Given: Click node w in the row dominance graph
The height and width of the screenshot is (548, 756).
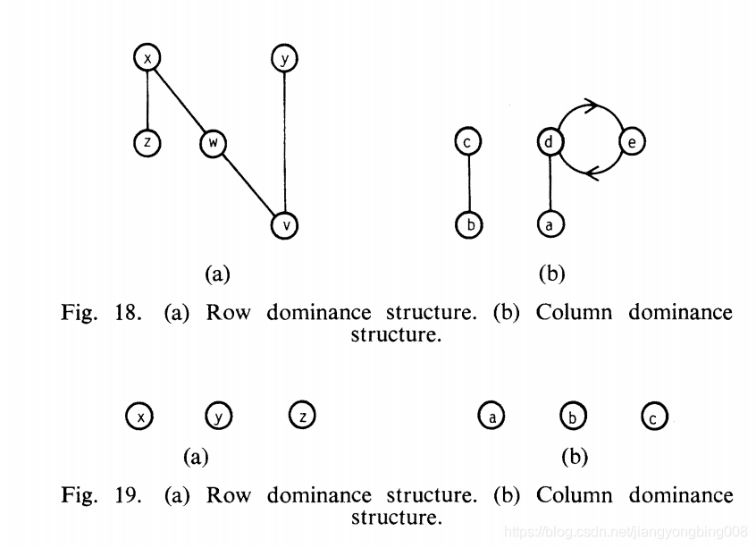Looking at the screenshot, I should [213, 143].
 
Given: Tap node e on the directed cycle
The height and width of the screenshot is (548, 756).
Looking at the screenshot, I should [632, 142].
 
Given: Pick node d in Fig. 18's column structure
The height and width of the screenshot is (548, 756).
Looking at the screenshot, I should [550, 142].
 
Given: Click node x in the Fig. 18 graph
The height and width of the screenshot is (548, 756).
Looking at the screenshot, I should [147, 59].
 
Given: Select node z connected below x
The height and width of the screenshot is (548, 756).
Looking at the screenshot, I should [147, 143].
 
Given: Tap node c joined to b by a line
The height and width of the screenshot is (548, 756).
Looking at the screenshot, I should [467, 142].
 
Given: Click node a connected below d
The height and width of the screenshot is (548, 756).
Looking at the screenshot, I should [550, 225].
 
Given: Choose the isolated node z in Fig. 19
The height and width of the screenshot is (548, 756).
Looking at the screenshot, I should [302, 415].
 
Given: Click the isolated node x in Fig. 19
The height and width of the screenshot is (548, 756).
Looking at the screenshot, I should [139, 416].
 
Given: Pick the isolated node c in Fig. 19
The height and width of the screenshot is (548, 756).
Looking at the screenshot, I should [655, 416].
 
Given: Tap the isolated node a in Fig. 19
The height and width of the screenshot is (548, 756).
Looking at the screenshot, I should [491, 416].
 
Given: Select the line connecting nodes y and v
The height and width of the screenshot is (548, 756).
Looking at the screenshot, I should [284, 143].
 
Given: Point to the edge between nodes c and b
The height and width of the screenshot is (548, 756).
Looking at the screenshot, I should [467, 183].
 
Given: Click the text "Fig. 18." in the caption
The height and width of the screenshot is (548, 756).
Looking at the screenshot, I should [101, 313].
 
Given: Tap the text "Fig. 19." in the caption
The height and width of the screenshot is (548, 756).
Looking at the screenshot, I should [101, 495].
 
